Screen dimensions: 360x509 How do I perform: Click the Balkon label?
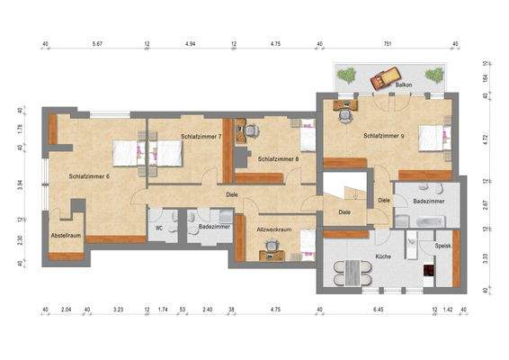[405, 86]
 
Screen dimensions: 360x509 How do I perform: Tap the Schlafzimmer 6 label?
[89, 175]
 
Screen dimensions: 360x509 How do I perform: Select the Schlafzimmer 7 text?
[201, 137]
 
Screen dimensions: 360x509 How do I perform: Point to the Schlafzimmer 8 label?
[278, 159]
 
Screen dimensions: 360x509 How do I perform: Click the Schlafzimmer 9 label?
[384, 137]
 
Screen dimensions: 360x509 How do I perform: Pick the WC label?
[160, 228]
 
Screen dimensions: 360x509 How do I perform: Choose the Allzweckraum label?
[274, 230]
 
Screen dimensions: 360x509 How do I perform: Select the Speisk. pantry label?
[442, 245]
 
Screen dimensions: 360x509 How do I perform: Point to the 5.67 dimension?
[96, 42]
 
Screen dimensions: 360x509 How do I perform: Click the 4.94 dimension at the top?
[190, 42]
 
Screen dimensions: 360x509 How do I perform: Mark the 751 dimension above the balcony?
[388, 42]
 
